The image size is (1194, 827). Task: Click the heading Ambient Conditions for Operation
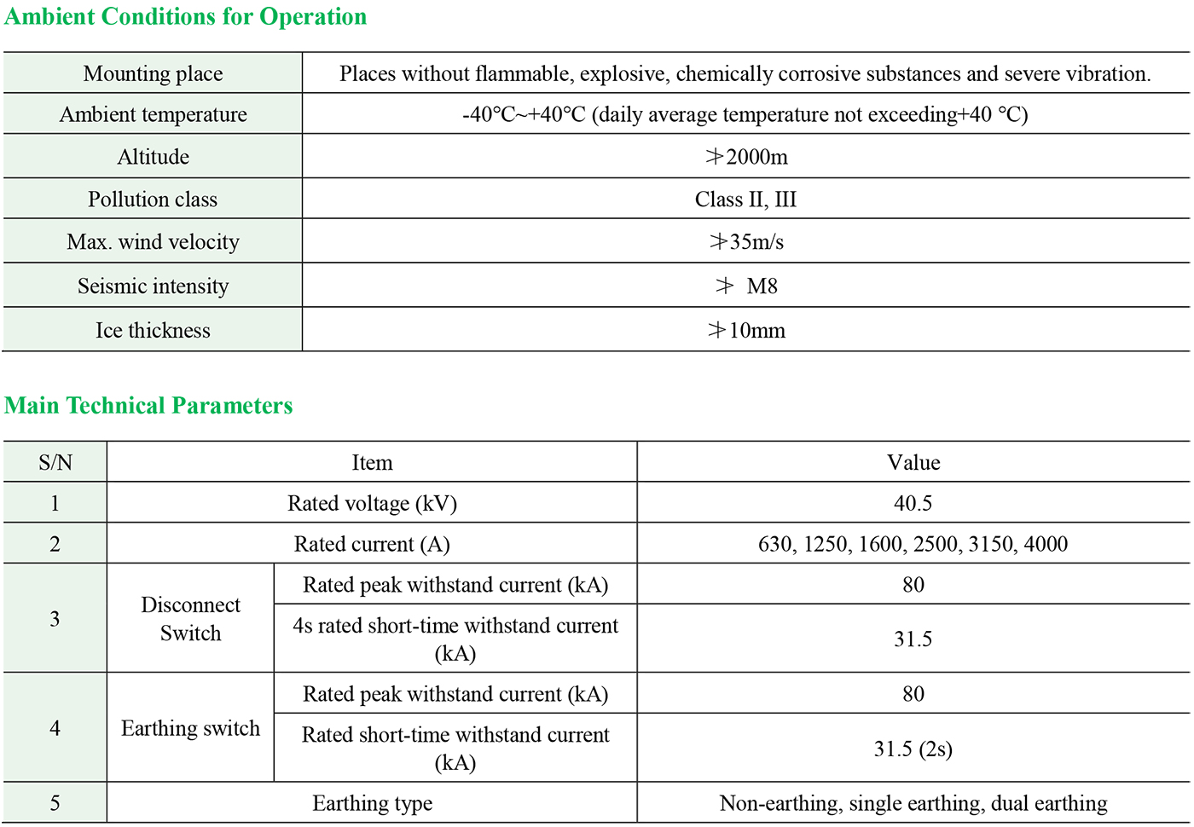tap(185, 17)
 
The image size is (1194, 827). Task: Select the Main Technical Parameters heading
tap(148, 406)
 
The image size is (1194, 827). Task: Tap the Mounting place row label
tap(153, 74)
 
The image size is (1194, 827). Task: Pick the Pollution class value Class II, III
tap(745, 200)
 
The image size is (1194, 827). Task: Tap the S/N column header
tap(55, 463)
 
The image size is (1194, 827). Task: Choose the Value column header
tap(913, 463)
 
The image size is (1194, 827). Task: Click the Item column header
tap(372, 463)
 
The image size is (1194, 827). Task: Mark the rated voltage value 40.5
tap(913, 504)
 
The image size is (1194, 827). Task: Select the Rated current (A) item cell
tap(372, 545)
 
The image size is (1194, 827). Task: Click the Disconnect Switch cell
tap(190, 619)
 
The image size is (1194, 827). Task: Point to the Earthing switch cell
tap(190, 729)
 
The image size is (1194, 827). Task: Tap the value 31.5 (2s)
tap(913, 749)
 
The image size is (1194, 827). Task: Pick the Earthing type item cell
tap(372, 804)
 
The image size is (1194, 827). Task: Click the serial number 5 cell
tap(55, 804)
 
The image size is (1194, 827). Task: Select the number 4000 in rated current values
tap(1046, 545)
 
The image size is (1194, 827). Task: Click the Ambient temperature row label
tap(153, 115)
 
